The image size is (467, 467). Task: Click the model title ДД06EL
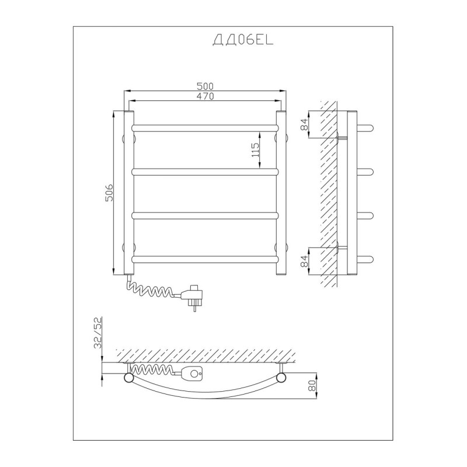click(x=243, y=40)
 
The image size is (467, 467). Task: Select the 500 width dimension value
click(x=205, y=86)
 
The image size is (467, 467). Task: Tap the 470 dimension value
click(x=205, y=96)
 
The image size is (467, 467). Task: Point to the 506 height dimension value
click(x=109, y=193)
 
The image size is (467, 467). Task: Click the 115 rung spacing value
click(x=255, y=150)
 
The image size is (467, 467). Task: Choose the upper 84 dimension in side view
click(x=304, y=124)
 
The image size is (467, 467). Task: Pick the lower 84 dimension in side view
click(x=304, y=261)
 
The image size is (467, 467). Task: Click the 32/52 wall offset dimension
click(x=97, y=333)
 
